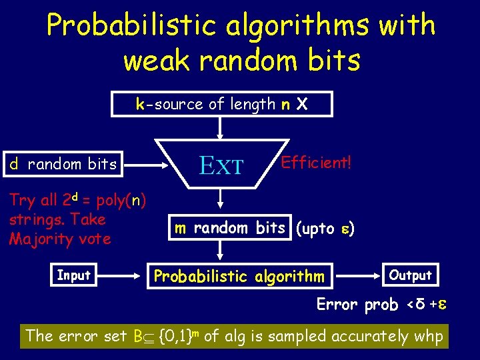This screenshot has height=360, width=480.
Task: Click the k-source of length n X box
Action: click(221, 104)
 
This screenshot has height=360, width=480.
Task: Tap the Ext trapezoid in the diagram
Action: click(221, 164)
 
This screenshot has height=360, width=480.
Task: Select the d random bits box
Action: click(63, 164)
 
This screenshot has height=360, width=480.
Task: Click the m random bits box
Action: click(229, 228)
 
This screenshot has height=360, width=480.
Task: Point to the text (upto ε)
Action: click(325, 229)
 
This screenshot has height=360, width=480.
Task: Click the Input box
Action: click(73, 275)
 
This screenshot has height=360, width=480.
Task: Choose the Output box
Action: click(410, 275)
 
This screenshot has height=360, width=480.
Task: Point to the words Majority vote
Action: click(59, 239)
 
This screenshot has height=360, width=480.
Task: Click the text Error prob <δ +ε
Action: click(381, 305)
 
